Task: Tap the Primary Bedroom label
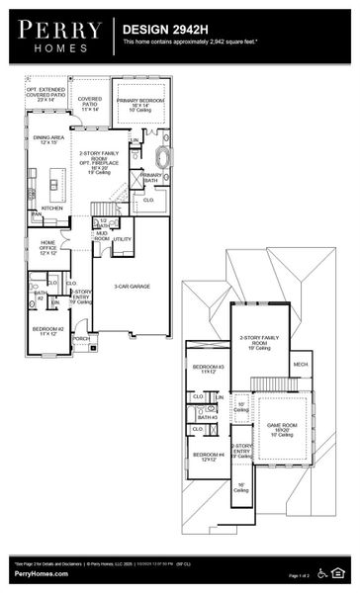tap(139, 104)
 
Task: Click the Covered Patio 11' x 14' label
tap(90, 103)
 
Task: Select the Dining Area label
tap(49, 140)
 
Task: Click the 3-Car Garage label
tap(132, 287)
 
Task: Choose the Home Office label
tap(47, 247)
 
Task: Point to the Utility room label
tap(122, 239)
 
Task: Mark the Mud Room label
tap(102, 236)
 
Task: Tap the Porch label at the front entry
tap(80, 338)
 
